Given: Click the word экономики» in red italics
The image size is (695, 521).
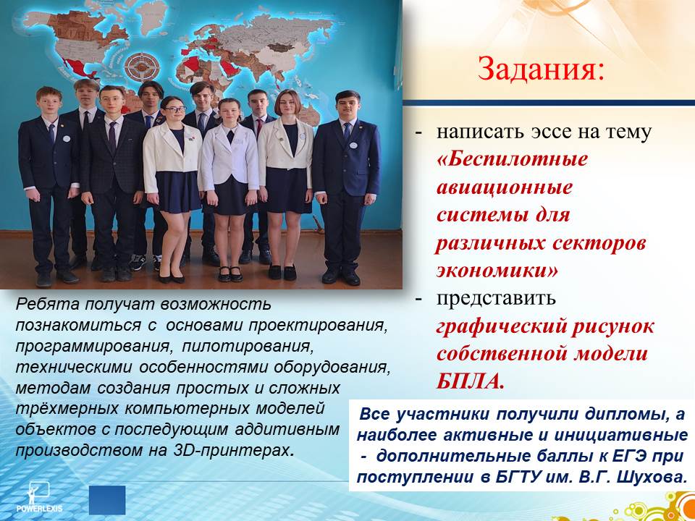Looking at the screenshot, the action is [497, 271].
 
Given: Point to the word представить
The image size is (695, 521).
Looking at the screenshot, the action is [496, 299].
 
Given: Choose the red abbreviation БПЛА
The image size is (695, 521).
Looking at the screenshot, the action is [470, 381].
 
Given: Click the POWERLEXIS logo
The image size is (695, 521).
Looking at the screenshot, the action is [38, 497].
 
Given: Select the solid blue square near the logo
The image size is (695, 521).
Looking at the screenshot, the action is [107, 500].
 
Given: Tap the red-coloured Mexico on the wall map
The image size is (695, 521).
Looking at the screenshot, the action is [80, 67].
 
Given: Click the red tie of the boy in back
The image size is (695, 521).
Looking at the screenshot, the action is [259, 125].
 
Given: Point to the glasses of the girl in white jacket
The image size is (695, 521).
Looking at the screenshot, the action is [174, 109].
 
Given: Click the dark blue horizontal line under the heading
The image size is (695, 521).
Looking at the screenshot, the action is [549, 103].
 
